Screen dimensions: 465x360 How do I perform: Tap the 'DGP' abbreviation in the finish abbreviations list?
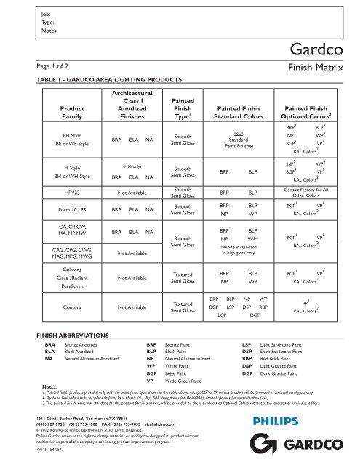pos(247,373)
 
